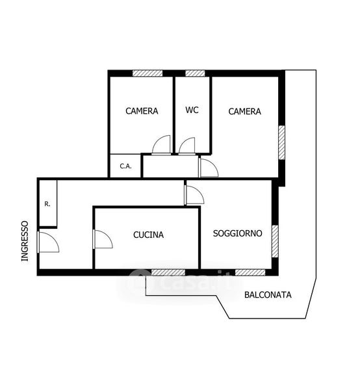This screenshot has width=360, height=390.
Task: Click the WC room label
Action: [192, 110]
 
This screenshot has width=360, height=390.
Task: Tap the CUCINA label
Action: [148, 235]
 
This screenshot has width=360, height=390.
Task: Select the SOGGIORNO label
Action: [237, 233]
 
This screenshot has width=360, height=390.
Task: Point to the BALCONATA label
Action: [268, 294]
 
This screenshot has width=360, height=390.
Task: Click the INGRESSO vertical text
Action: [25, 241]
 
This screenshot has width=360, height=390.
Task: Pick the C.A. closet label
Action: [125, 166]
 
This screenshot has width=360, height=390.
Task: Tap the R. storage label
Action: [47, 204]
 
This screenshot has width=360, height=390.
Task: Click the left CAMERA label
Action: [142, 111]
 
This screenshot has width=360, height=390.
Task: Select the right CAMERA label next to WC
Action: [244, 111]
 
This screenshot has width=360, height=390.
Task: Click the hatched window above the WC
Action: [195, 73]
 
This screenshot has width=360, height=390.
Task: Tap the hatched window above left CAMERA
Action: [148, 73]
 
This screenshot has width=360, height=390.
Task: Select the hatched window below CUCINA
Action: [168, 272]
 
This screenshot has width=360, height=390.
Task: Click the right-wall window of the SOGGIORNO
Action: [275, 241]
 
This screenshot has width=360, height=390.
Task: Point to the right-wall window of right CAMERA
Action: [281, 142]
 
